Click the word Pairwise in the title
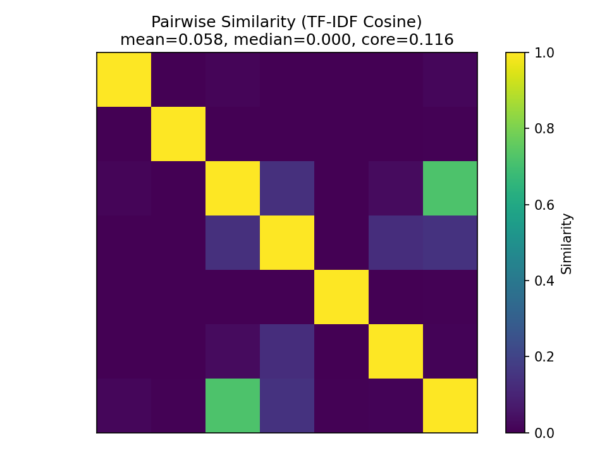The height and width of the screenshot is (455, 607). point(180,22)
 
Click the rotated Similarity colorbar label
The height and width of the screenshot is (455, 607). point(567,243)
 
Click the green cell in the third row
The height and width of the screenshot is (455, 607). point(450,188)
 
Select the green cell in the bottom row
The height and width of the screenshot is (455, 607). point(233,406)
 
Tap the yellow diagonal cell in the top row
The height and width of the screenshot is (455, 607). point(124,80)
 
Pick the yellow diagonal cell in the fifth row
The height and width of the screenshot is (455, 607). point(341,297)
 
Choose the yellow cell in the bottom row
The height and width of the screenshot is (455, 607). point(450,406)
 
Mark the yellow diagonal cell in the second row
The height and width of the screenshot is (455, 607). point(178,134)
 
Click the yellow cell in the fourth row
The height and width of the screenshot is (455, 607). point(287,243)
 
